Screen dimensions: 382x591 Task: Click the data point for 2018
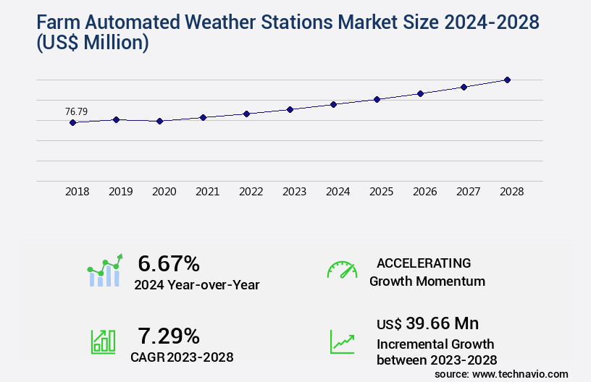72,123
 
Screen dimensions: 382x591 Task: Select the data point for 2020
160,121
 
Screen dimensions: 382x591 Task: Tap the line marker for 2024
333,104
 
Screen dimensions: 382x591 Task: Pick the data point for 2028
507,80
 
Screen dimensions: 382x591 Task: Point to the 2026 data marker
420,93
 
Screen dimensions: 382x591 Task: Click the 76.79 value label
76,111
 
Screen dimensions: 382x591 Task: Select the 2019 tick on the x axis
120,192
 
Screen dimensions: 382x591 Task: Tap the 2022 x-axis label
251,192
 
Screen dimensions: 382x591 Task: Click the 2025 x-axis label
381,192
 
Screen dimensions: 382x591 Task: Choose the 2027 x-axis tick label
468,192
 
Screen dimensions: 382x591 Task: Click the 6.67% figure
169,263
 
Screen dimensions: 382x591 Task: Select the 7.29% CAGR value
169,336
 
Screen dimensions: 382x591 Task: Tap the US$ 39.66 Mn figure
427,323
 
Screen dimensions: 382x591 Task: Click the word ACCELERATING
424,263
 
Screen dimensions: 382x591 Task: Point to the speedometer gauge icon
342,269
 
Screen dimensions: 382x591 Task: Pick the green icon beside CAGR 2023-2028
103,341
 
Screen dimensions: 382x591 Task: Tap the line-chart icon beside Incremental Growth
342,341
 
